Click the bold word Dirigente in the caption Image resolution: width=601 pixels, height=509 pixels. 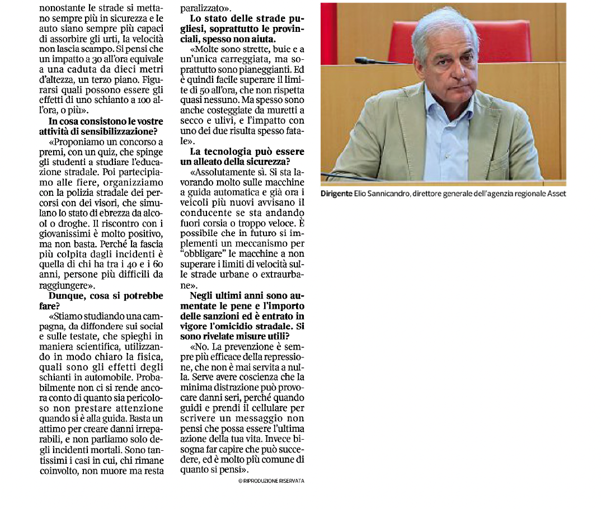(336, 194)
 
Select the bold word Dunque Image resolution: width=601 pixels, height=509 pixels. (68, 295)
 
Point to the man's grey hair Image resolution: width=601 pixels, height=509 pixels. (442, 22)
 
